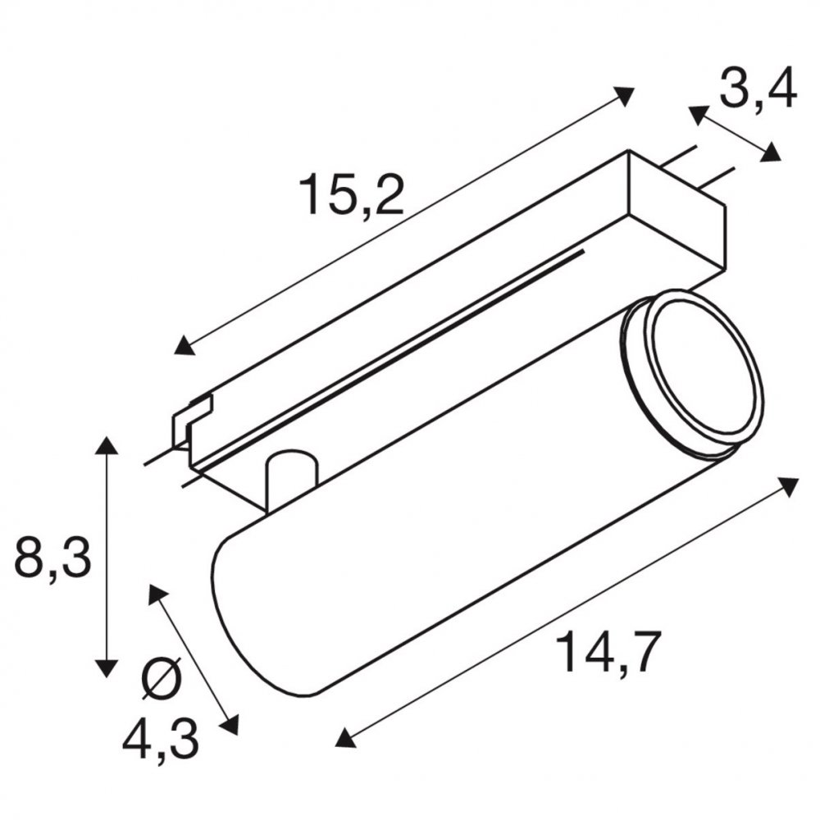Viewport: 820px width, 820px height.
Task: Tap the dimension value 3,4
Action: [758, 89]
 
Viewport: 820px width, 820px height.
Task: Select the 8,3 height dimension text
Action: [52, 555]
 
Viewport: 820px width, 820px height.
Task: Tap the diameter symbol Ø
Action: [162, 678]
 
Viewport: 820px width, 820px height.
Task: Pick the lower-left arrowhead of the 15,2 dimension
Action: [184, 346]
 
